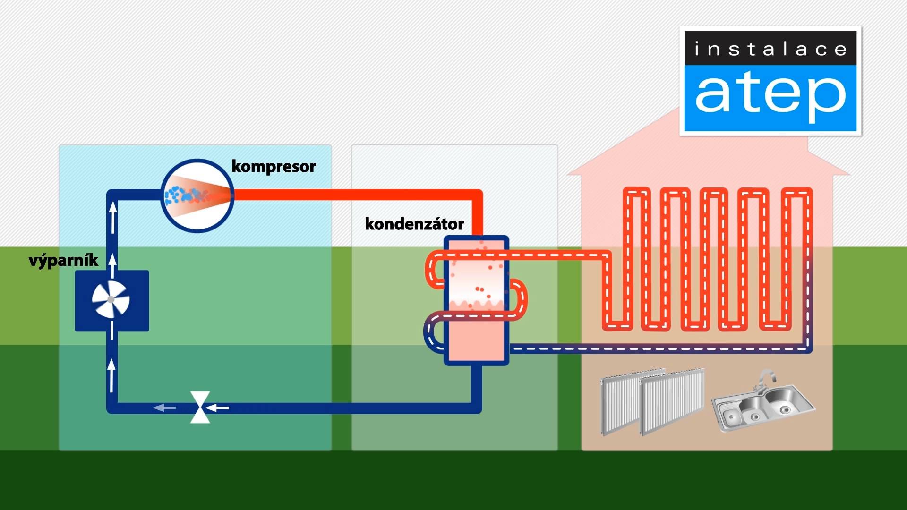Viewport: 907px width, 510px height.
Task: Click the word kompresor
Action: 274,167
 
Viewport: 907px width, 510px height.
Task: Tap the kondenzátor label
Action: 414,224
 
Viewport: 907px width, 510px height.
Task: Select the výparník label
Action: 63,260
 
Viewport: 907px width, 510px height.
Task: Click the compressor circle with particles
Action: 197,195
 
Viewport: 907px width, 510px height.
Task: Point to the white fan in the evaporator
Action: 111,299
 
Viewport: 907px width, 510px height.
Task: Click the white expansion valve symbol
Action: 200,407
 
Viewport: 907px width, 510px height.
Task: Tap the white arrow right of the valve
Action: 217,408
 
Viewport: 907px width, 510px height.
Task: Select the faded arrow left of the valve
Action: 164,408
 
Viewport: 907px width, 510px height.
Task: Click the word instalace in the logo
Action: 770,49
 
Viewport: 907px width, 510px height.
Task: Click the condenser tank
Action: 477,300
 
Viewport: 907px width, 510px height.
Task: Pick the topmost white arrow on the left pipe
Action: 113,217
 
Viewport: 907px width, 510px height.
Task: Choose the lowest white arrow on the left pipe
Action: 112,375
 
